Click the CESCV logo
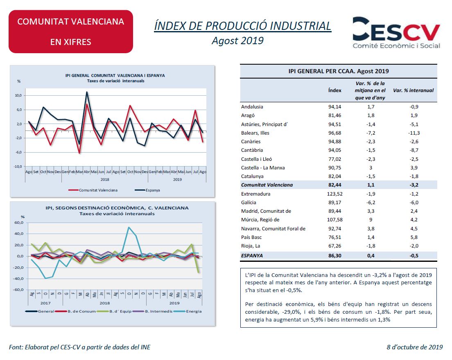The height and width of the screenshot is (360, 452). tap(396, 33)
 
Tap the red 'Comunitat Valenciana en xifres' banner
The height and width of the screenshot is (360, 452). tap(71, 32)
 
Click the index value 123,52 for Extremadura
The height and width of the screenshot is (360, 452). tap(334, 194)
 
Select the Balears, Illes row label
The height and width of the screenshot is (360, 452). tap(255, 133)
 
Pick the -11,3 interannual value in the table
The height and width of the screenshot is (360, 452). tap(414, 133)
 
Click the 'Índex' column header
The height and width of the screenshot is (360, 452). tap(334, 90)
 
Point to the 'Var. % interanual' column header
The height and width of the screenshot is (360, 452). tap(414, 90)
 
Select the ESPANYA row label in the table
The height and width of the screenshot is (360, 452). tap(252, 256)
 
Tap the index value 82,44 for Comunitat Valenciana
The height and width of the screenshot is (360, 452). tap(334, 185)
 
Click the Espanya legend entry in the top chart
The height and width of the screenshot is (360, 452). tap(147, 190)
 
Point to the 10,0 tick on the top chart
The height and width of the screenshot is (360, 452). tap(18, 95)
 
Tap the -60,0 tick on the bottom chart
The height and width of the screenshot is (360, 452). tap(19, 290)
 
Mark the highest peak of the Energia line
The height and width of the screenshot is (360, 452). tap(129, 227)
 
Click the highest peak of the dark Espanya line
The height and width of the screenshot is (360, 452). tap(87, 92)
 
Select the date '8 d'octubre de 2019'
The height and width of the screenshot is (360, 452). tap(414, 347)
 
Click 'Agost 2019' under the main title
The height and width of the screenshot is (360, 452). tap(237, 40)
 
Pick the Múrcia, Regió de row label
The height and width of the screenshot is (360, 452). tap(260, 220)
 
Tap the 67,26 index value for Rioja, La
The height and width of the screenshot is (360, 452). tap(334, 246)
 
